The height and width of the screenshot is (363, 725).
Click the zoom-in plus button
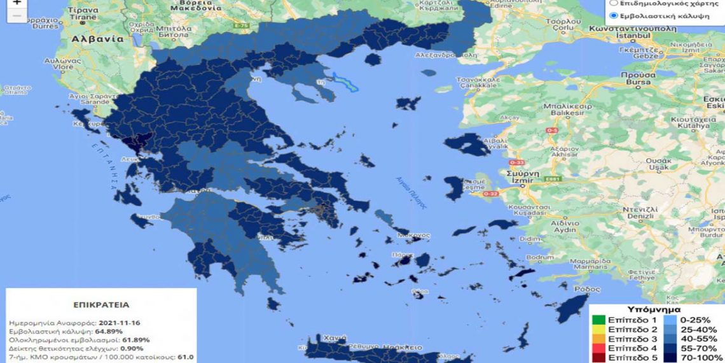[17, 3]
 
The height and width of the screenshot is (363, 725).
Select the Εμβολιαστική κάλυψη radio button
[613, 16]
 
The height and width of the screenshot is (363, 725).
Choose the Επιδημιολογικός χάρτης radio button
[613, 3]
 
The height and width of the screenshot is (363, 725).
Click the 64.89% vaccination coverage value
[109, 332]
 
